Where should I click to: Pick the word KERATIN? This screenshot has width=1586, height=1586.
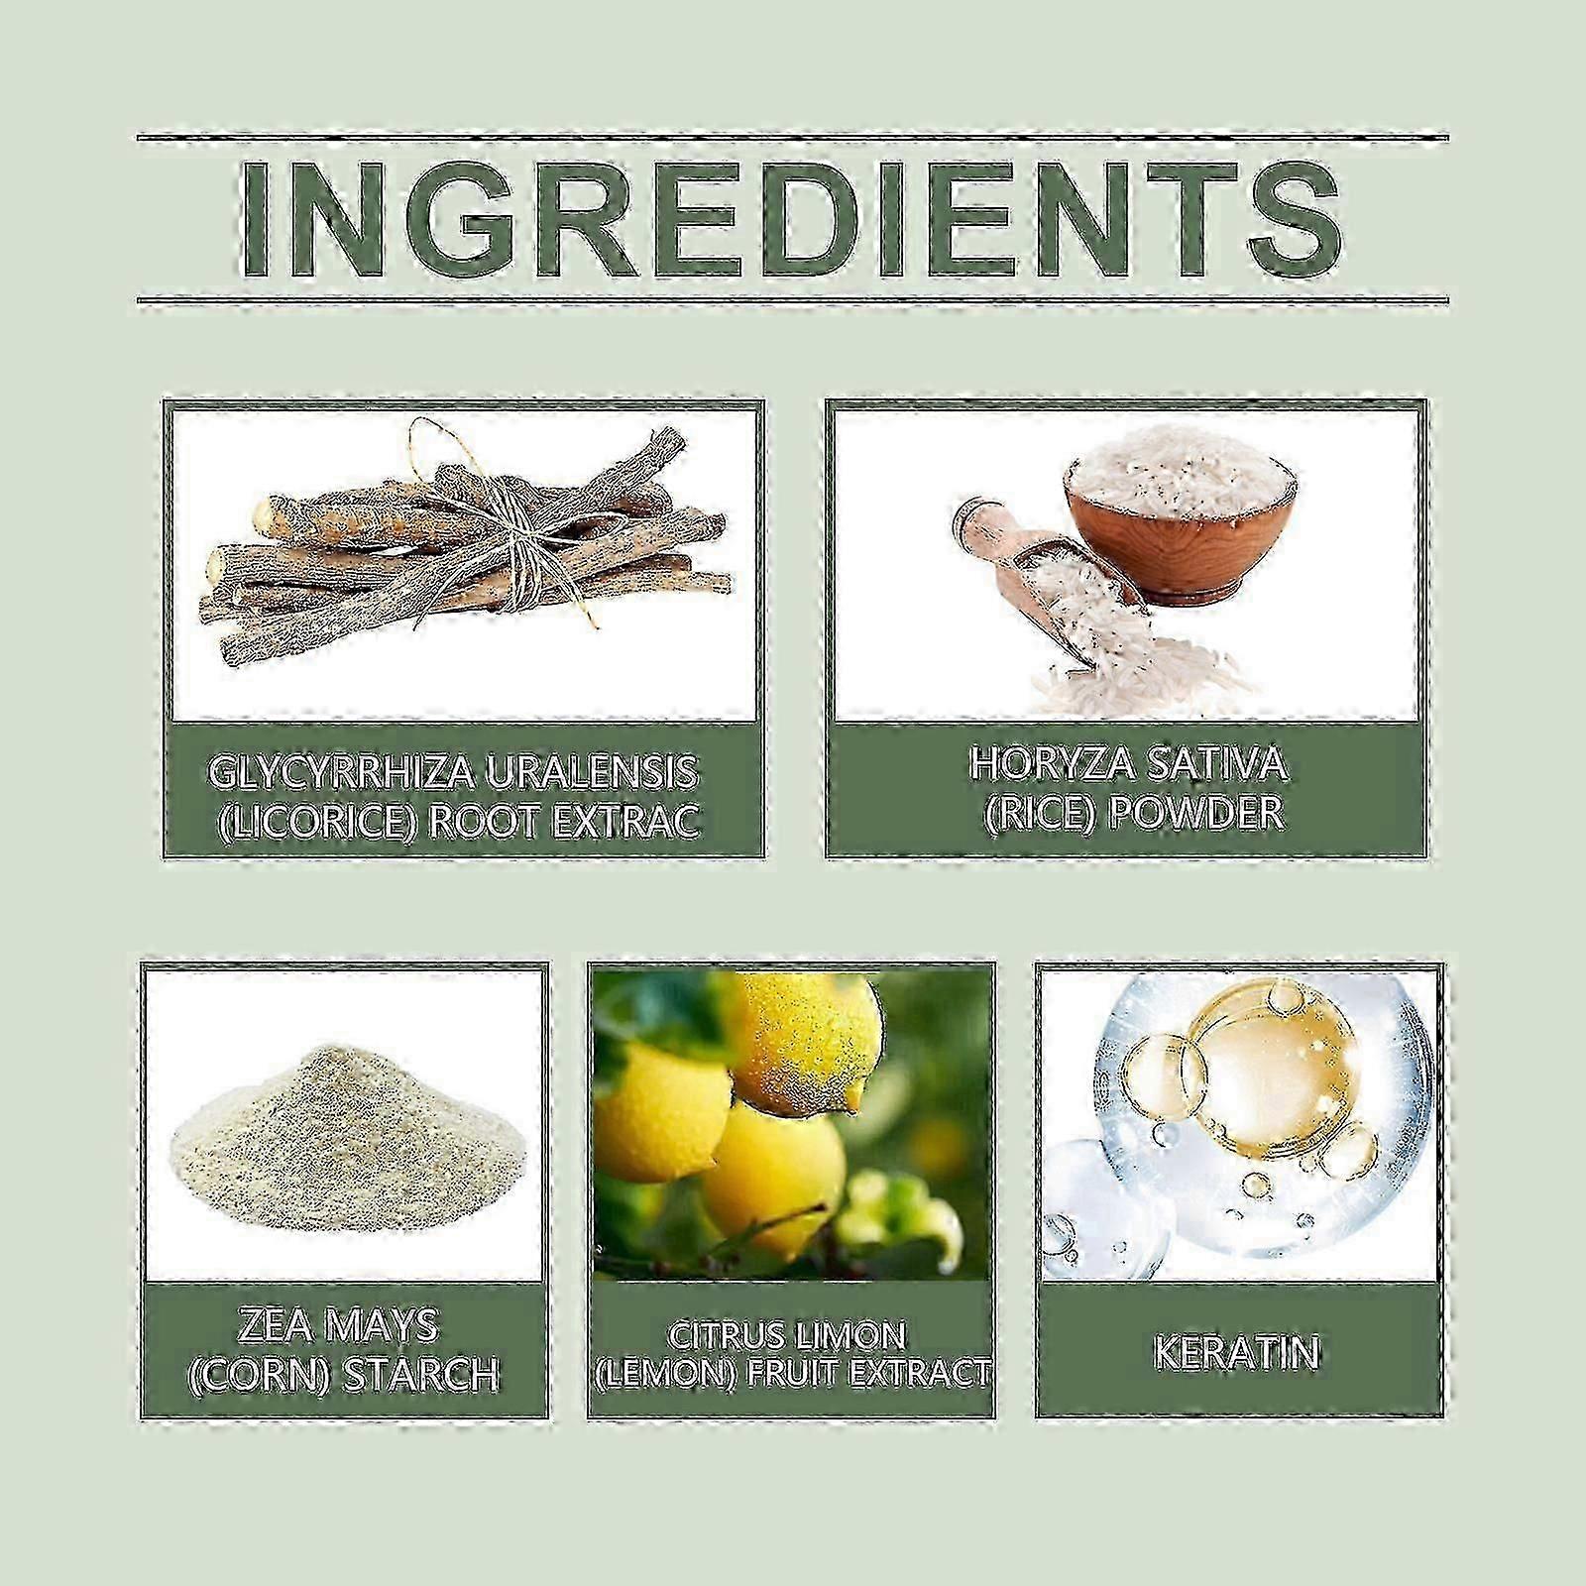coord(1236,1353)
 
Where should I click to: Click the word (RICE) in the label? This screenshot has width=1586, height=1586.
coord(1036,813)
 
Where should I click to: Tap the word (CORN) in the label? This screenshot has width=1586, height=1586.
coord(261,1375)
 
